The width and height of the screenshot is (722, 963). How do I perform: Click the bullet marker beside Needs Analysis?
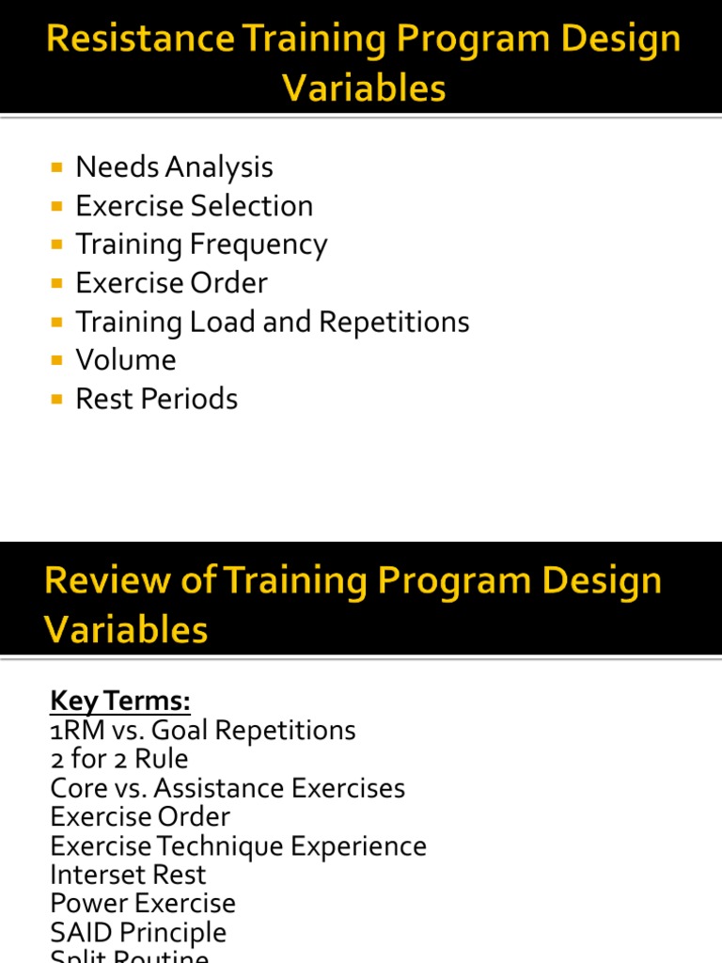[57, 167]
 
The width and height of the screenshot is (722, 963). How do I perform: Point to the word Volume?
[126, 360]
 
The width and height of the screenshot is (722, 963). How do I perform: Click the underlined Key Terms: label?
[120, 702]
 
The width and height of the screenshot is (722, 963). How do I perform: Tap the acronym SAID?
[82, 933]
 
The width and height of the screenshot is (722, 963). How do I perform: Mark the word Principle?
[174, 933]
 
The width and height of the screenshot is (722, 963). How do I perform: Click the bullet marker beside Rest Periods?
[57, 399]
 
